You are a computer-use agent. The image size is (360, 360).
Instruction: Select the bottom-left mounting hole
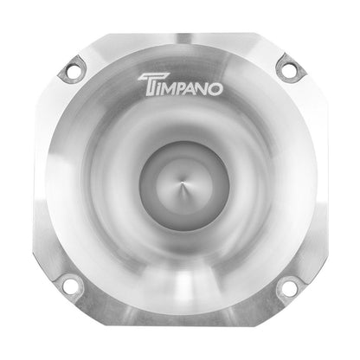click(72, 287)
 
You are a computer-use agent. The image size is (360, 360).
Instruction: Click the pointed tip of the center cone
click(180, 181)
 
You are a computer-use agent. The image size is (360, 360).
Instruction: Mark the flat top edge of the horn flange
click(180, 35)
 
